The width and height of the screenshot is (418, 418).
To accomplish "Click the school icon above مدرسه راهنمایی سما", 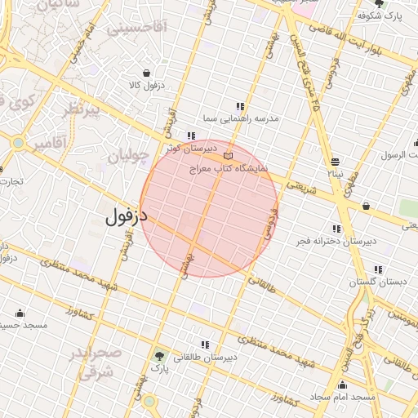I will pos(240,106).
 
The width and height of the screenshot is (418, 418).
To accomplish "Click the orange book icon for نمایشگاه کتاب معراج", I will pos(228,154).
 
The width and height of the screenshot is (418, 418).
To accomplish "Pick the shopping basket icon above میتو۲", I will pos(336,161).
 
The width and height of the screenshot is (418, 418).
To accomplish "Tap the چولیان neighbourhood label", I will pos(129,153).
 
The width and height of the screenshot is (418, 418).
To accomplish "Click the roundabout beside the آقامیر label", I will pos(18,144).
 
